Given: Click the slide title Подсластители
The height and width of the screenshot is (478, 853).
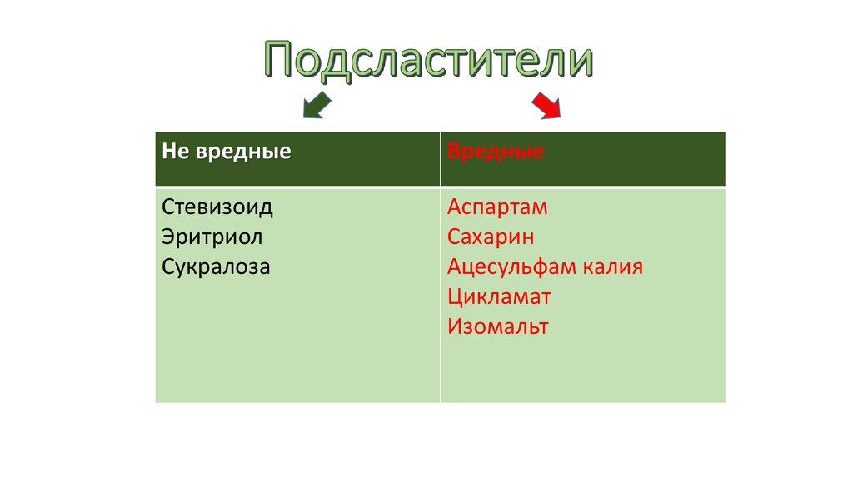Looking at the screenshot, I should pos(429,60).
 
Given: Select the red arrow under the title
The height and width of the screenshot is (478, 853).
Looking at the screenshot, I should pos(546,105).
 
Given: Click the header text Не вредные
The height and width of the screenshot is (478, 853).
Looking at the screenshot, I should pos(227,152).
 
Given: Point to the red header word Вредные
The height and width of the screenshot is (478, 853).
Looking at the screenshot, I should pos(496,152).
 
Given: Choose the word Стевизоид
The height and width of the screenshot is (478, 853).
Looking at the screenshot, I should pos(217,207).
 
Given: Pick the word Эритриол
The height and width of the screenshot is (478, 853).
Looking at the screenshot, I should pos(212,237).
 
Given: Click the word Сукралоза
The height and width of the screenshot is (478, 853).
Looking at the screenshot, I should pos(217,267).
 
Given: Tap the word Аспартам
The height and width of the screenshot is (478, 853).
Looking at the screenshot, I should pos(497,207).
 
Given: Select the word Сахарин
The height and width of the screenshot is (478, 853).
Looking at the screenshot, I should pos(491,237).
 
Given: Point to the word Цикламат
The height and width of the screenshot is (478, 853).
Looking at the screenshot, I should pos(499,296).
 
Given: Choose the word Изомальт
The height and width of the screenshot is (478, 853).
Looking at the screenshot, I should pos(498,326).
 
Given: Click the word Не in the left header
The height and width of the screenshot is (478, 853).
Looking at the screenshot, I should pos(173,152).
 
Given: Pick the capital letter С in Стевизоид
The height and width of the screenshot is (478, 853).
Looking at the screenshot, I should pos(169,207).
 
